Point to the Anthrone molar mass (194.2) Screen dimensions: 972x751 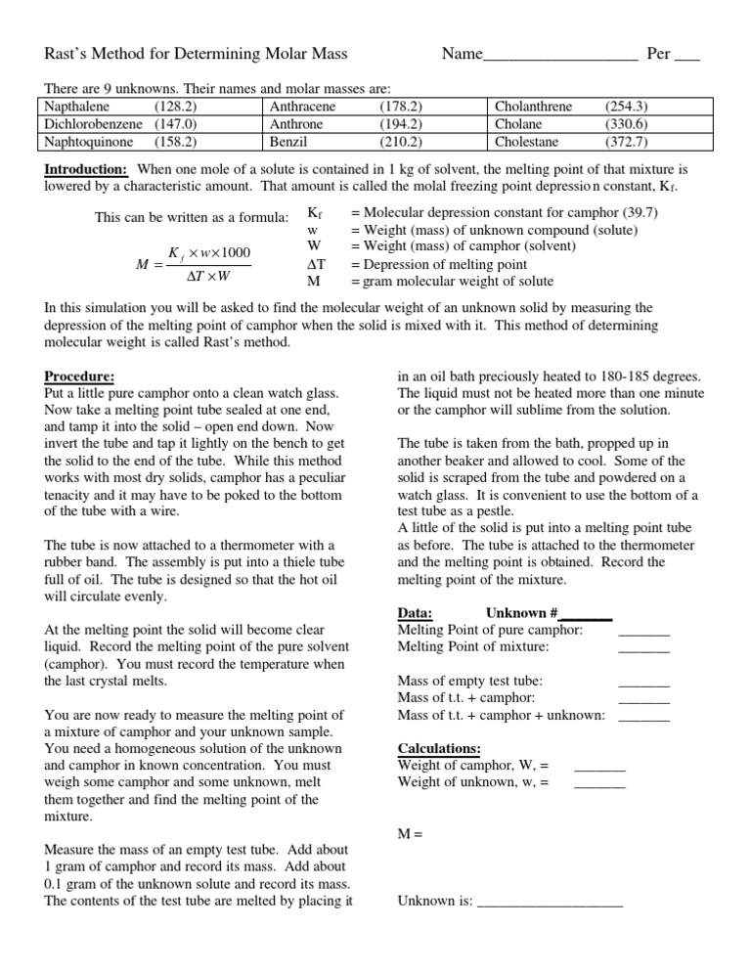(x=399, y=123)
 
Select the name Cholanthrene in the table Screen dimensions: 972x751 (x=534, y=107)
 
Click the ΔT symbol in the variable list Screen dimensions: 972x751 (x=315, y=264)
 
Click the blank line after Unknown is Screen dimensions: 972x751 (x=550, y=903)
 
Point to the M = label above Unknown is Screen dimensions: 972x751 (x=410, y=834)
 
